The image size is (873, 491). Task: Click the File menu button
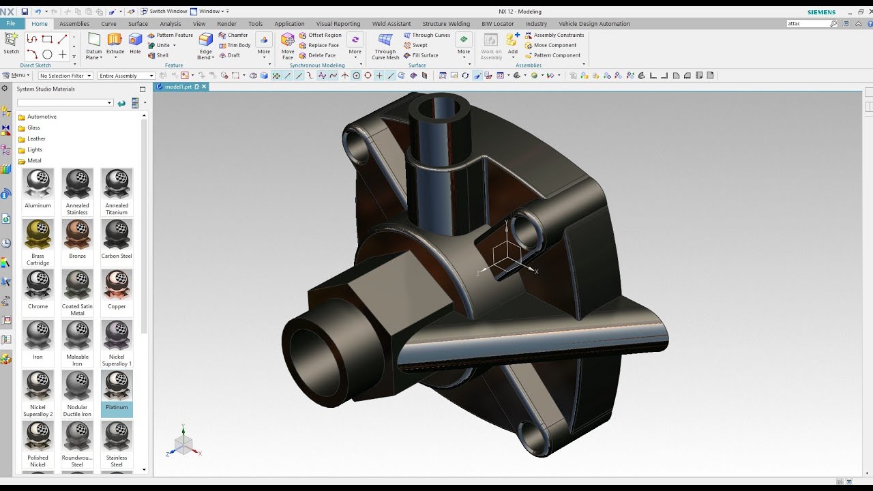(11, 24)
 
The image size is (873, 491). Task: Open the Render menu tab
(226, 24)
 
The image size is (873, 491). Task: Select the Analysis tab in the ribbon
(170, 24)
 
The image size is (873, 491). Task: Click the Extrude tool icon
(115, 40)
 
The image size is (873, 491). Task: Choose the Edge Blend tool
(205, 42)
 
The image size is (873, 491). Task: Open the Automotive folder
(41, 117)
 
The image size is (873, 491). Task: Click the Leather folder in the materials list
(35, 138)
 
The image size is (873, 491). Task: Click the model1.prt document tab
(177, 87)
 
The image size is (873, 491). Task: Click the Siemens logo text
(821, 12)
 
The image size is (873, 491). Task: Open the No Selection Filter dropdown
(65, 76)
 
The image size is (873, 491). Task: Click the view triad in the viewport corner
(183, 443)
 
